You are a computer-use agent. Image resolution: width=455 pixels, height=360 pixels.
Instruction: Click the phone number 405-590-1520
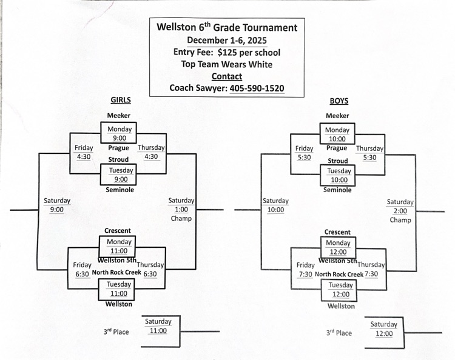[257, 88]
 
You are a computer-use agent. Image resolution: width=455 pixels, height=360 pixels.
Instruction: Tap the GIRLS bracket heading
[120, 101]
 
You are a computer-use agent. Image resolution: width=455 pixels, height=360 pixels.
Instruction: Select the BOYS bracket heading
[339, 101]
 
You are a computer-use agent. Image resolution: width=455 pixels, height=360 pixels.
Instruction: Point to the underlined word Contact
[227, 76]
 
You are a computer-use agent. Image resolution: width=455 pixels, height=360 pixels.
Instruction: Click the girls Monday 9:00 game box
[120, 133]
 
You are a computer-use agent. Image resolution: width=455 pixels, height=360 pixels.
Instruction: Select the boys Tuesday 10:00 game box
[339, 175]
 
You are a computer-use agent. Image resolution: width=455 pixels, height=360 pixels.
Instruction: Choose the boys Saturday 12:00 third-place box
[384, 329]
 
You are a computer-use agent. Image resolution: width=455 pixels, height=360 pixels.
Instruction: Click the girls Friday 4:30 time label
[84, 152]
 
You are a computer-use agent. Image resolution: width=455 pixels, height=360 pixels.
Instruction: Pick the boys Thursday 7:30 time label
[371, 269]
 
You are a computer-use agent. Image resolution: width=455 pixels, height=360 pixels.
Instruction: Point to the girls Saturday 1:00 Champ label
[181, 209]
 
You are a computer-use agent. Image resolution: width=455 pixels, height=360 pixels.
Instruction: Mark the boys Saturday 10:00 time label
[275, 205]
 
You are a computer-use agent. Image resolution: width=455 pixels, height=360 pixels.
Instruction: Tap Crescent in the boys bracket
[337, 232]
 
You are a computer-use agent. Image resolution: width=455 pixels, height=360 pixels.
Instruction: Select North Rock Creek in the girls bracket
[116, 273]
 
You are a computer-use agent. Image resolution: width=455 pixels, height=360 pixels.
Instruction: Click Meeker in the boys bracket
[337, 116]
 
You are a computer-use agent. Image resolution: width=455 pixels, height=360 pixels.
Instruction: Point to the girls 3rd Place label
[116, 332]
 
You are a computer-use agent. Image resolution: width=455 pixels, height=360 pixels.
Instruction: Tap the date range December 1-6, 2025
[227, 40]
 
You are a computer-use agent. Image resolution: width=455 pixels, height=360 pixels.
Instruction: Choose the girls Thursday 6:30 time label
[150, 269]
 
